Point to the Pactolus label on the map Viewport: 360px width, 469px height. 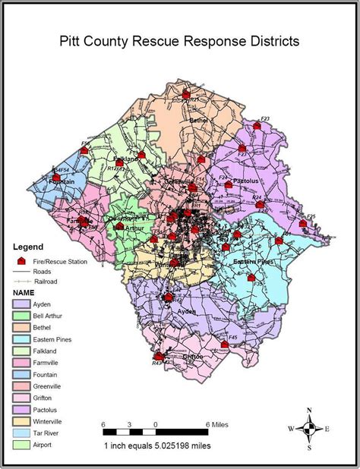[x=246, y=182]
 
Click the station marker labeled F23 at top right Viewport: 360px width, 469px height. [x=257, y=127]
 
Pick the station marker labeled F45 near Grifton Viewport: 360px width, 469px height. [x=225, y=344]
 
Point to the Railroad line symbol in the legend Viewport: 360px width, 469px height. [x=22, y=281]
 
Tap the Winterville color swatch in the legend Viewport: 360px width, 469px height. [x=22, y=421]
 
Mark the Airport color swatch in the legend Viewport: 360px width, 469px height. [x=22, y=444]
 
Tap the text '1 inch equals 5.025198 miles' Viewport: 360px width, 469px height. [x=157, y=445]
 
